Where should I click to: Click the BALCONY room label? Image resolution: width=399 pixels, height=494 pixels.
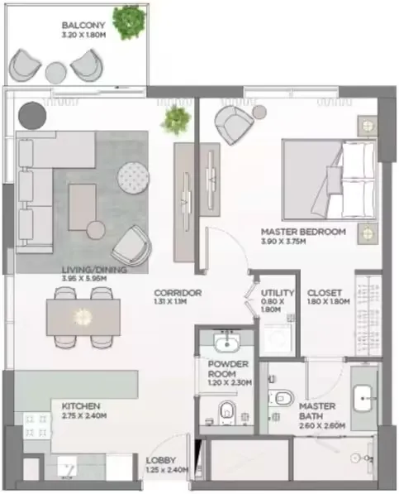coord(83,25)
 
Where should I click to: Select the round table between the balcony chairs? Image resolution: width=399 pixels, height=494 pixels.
coord(56,73)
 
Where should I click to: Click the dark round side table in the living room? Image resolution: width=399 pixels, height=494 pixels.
coord(32,116)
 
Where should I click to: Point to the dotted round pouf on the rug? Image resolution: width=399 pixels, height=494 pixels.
coord(133,178)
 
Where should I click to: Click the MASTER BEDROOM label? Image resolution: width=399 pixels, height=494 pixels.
coord(303,232)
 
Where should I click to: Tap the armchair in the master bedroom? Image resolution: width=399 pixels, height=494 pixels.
coord(234,125)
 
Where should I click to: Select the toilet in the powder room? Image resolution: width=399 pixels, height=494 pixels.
coord(227,413)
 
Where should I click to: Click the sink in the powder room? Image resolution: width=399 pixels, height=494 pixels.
coord(226,343)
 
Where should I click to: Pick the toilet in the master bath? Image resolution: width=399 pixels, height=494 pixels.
coord(282,398)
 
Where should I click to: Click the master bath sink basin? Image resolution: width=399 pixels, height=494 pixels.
coord(363,399)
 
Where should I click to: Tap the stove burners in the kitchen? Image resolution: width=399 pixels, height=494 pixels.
coord(36,426)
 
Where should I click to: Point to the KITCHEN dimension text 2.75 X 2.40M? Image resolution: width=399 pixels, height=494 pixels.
coord(84,415)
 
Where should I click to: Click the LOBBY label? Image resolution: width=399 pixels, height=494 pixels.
coord(160,460)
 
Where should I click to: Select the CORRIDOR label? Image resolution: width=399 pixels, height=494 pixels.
coord(178,293)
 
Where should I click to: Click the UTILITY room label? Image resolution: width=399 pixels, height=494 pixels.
coord(278,293)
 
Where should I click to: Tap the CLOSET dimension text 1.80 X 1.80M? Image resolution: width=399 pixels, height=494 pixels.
coord(329,301)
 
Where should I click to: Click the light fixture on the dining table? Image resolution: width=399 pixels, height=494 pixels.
coord(83,316)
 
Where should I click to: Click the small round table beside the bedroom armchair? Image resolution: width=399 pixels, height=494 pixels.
coord(259,112)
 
